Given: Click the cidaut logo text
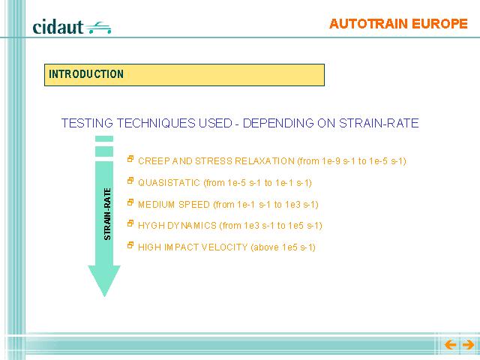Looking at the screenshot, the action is pos(58,27).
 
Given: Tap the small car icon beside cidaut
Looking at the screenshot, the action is pos(98,28).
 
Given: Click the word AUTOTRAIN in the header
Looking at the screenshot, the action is pos(368,24).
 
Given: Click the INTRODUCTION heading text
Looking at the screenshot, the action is pos(86,74).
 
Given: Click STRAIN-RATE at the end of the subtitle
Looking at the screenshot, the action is pos(379,123).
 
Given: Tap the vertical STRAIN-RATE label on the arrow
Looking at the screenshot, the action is pos(107,214).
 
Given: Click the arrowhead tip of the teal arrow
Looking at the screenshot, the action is pos(104,296).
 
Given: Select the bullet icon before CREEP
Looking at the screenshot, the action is pos(130,159).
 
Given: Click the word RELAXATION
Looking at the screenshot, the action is pos(265,161).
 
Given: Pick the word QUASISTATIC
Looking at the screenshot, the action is pos(169,183).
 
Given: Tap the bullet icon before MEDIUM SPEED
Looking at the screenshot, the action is pos(130,202).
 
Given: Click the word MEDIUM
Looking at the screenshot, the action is pos(157,205).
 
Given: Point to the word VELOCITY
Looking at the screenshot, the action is pos(224,247).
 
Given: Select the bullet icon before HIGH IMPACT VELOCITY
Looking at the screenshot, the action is pos(130,245).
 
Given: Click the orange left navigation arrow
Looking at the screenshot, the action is pos(450,345).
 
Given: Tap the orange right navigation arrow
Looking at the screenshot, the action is pos(468,345).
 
